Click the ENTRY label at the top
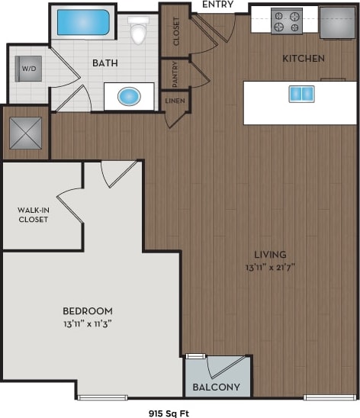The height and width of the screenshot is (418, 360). [x=218, y=5]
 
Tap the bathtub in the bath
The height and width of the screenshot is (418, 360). [x=82, y=24]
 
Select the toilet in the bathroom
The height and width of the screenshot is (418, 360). [x=139, y=31]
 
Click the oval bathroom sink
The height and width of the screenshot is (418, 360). [x=129, y=97]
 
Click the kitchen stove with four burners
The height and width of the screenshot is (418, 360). [x=287, y=21]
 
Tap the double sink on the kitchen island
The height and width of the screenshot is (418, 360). [x=301, y=94]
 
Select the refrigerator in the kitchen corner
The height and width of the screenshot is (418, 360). [x=337, y=22]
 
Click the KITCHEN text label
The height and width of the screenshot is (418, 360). [x=304, y=58]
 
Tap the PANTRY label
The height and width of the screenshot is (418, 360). [x=175, y=73]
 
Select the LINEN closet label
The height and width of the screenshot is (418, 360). [x=175, y=101]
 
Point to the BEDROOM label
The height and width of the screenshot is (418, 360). [x=88, y=310]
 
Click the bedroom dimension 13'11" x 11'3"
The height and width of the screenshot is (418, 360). [x=88, y=323]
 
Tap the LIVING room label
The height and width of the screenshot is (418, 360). [x=270, y=254]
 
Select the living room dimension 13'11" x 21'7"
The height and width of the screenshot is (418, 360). [x=270, y=266]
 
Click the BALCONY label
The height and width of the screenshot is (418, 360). [x=217, y=387]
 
